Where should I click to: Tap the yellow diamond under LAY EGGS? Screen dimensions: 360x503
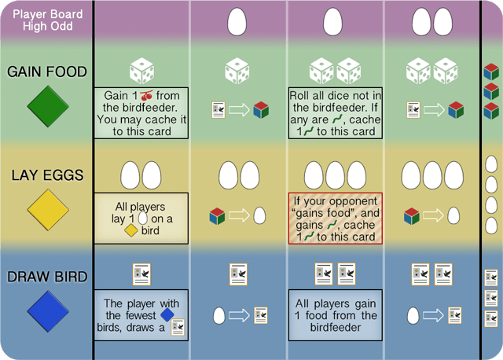coord(46,211)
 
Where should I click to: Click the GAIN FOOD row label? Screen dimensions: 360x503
coord(46,72)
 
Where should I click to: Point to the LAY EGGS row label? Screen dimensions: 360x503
coord(46,175)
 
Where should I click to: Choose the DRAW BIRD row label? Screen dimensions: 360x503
coord(46,277)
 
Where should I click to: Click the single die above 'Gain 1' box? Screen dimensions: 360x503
coord(141,72)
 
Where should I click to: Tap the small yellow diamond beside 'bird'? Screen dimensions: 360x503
coord(131,231)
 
